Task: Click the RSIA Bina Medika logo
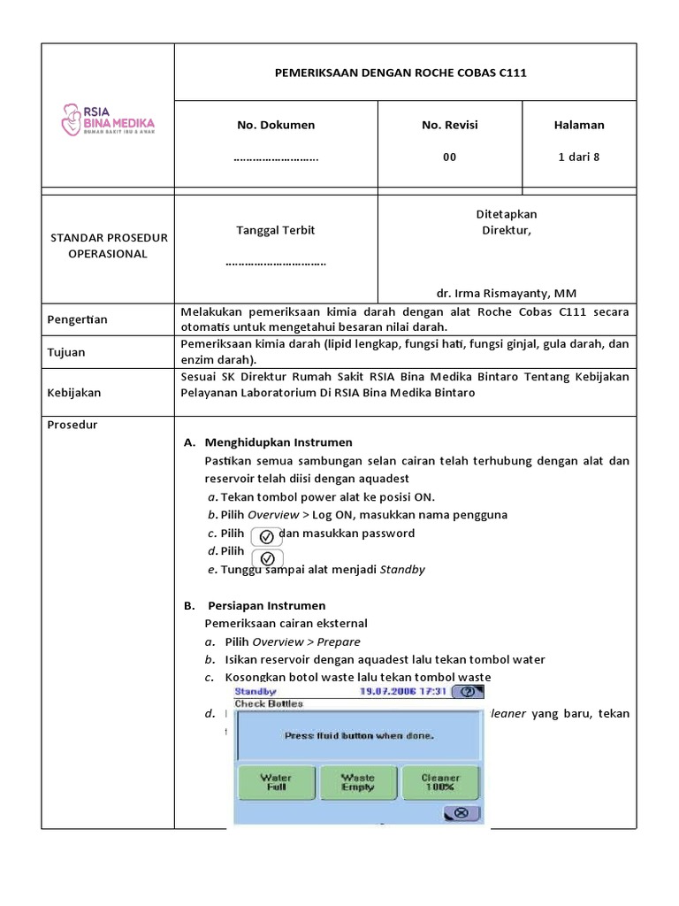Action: coord(107,119)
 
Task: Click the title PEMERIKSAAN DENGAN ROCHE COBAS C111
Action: coord(405,73)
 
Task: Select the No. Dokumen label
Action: coord(276,125)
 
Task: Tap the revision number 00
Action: coord(450,157)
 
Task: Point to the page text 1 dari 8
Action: coord(579,157)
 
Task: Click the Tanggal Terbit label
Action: coord(276,230)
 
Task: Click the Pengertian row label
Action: coord(77,319)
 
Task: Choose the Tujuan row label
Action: coord(66,352)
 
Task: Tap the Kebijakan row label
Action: coord(74,392)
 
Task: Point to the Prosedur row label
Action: coord(72,425)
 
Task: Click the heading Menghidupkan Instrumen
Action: coord(278,442)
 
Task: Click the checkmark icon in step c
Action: coord(267,536)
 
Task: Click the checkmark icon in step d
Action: coord(267,558)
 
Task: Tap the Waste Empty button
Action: coord(358,782)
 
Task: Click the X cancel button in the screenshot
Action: coord(461,813)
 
